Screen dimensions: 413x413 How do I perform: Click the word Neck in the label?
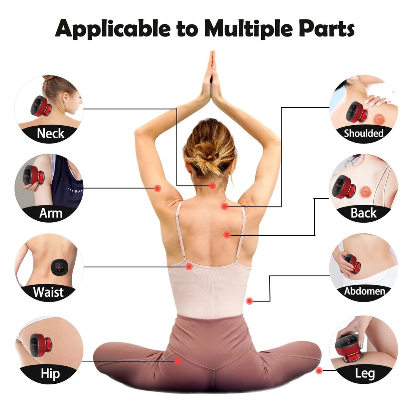coord(50,133)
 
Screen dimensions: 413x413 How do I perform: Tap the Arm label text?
coord(51,213)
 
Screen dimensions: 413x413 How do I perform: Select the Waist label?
coord(48,292)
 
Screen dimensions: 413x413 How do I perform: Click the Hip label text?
coord(50,373)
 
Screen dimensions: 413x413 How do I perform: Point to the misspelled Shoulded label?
coord(363,133)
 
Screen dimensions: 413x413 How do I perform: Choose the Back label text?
coord(363,213)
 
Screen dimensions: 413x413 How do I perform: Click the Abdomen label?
coord(364,291)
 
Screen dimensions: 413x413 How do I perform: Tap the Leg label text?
coord(365,374)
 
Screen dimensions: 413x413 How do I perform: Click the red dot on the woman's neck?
coord(212,186)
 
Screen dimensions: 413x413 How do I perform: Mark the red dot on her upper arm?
coord(158,188)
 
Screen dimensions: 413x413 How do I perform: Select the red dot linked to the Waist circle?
coord(189,267)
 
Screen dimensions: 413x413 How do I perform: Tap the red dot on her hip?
coord(178,361)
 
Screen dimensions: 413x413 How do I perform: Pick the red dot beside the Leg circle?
coord(319,370)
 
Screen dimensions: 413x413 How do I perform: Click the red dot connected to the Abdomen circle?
coord(249,301)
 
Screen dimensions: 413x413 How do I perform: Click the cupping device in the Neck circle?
coord(41,106)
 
